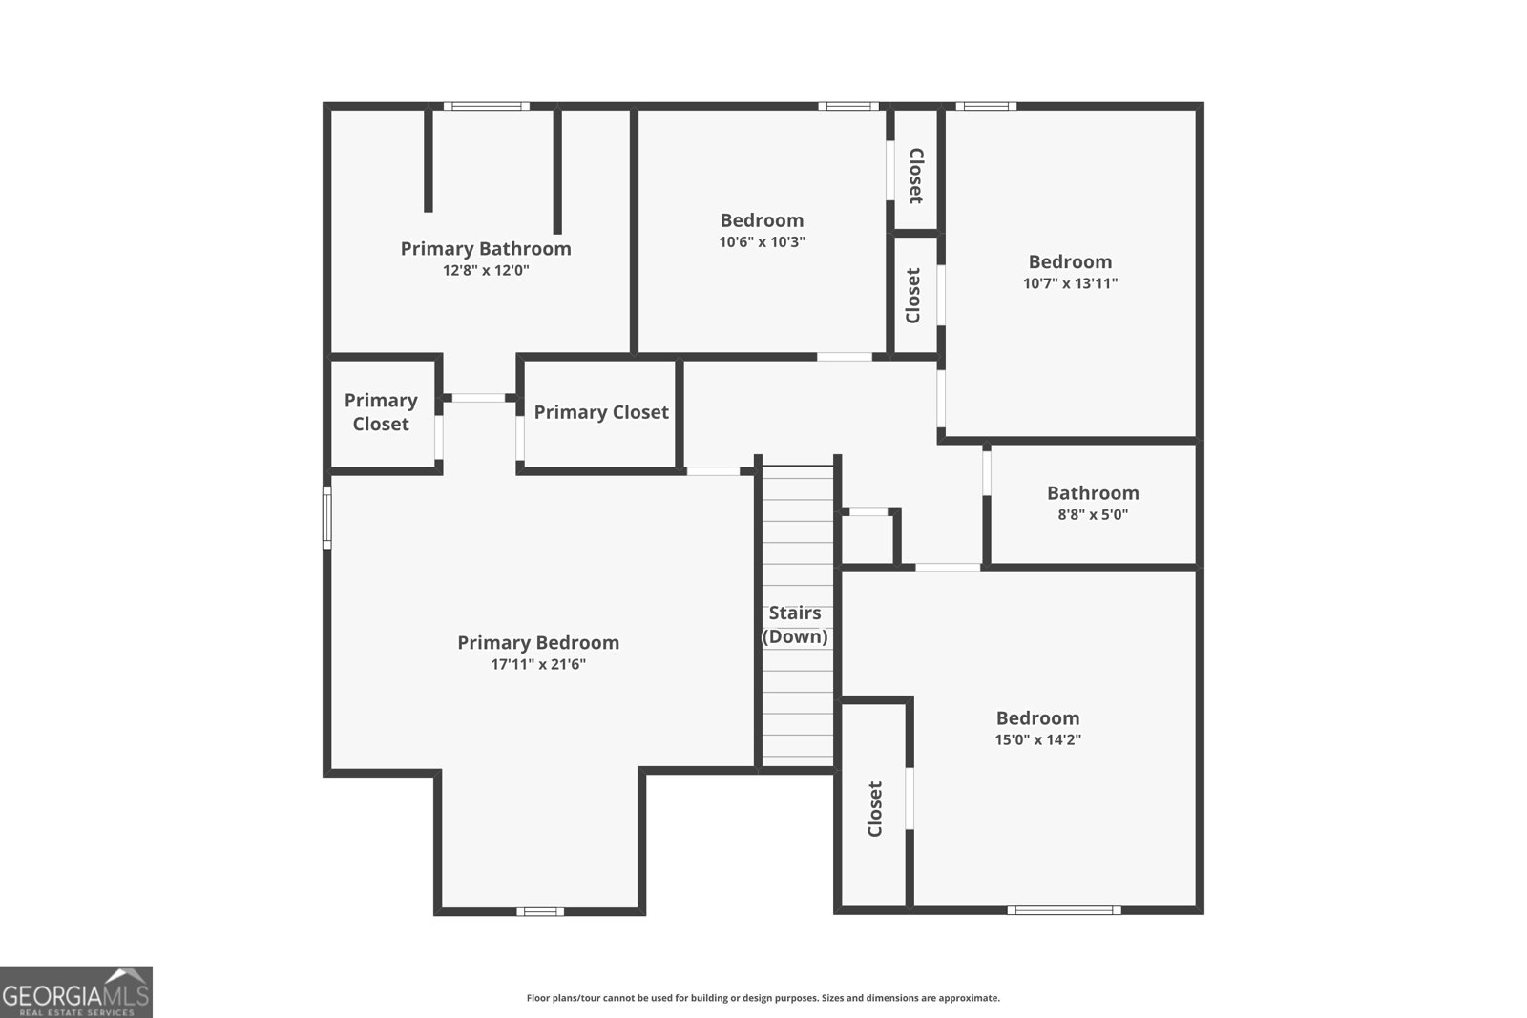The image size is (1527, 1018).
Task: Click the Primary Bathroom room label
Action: (486, 249)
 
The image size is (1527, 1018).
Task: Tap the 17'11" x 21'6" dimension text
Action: (538, 664)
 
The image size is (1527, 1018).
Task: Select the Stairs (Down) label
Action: (795, 625)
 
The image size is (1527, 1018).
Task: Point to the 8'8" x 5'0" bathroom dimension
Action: (1093, 515)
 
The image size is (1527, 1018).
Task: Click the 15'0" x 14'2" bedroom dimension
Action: (1037, 739)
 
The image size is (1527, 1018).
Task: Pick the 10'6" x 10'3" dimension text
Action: (762, 242)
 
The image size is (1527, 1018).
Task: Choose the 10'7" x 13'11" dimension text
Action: (1070, 283)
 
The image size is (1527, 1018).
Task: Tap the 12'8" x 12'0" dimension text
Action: (486, 271)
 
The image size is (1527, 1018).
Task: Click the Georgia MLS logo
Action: (75, 992)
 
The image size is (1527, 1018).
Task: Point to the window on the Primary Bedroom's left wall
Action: (326, 517)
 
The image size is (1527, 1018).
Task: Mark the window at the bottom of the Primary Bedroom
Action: (540, 911)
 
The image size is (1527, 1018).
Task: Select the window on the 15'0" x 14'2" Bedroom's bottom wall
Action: (1064, 910)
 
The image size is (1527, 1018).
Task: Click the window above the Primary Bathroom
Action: (486, 106)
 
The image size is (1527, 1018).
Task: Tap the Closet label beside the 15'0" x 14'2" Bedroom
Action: (875, 809)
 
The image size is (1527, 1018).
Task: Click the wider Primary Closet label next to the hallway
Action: (601, 412)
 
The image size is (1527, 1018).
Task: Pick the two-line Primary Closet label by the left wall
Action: (381, 412)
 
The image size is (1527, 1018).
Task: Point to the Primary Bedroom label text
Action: (538, 643)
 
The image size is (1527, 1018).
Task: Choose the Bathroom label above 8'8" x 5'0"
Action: (1093, 493)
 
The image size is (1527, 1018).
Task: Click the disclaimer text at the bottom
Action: (763, 998)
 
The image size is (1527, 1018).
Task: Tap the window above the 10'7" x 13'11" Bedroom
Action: (985, 106)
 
